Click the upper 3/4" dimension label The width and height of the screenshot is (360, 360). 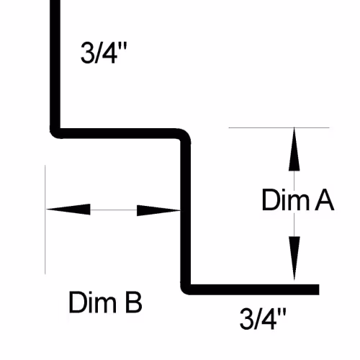tap(104, 53)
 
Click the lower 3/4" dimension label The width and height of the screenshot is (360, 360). tap(263, 319)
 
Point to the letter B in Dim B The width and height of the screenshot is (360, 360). tap(134, 302)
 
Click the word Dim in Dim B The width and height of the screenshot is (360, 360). tap(92, 302)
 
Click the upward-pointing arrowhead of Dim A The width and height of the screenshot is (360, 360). tap(294, 149)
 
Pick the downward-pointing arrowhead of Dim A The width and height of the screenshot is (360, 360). tap(294, 258)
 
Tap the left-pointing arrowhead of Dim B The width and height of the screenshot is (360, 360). tap(68, 210)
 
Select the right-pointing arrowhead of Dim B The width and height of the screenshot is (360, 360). tap(158, 210)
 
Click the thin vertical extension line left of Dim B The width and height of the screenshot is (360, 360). tap(45, 220)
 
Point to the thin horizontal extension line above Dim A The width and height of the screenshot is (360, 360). tap(279, 127)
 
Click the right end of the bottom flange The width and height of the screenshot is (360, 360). tap(319, 289)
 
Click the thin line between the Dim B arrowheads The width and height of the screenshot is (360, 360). tap(114, 210)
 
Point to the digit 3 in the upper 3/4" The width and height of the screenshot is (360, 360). tap(86, 53)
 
